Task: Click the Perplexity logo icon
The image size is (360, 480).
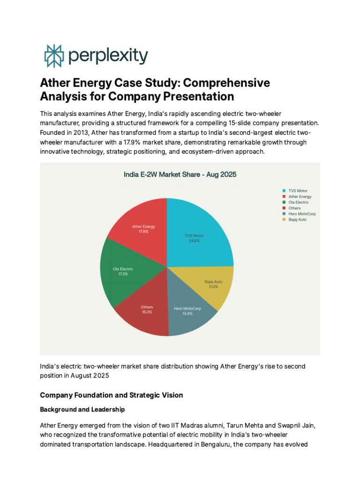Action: (x=53, y=56)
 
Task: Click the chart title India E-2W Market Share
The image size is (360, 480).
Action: (x=180, y=174)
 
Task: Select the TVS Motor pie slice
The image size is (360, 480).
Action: (x=202, y=230)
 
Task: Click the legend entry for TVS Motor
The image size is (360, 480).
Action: (x=298, y=191)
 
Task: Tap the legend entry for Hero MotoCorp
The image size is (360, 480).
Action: (x=302, y=214)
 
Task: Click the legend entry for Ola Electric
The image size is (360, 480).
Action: (x=299, y=202)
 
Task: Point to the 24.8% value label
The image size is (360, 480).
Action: (x=194, y=240)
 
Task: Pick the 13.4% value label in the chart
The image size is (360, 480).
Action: (x=187, y=314)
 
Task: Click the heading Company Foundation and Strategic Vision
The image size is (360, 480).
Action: (x=112, y=395)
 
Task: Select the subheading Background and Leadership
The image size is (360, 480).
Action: (x=82, y=409)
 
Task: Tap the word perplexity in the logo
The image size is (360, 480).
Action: (x=108, y=56)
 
